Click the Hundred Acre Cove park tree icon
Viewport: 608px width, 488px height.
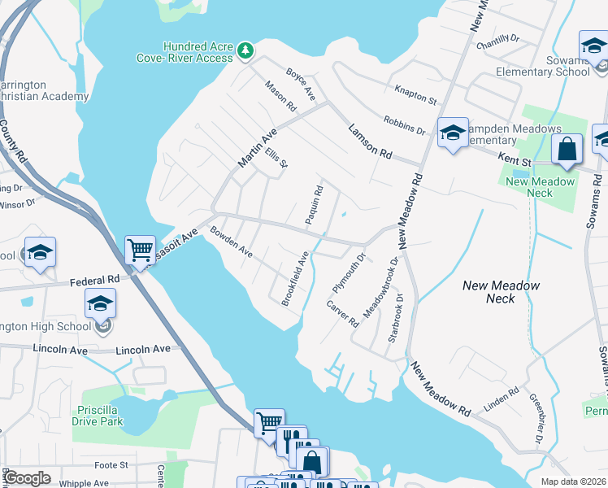tap(245, 52)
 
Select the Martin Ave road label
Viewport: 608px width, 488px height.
tap(257, 147)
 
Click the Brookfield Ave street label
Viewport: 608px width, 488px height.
tap(295, 278)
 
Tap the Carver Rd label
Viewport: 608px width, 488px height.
tap(342, 312)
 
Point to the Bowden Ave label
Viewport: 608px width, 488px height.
tap(232, 242)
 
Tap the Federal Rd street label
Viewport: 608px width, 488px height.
tap(94, 280)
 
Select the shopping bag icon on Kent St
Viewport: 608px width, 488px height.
tap(567, 150)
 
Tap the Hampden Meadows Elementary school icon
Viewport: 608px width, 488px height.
tap(452, 133)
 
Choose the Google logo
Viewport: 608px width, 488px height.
tap(28, 478)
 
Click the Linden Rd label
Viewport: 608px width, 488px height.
tap(502, 399)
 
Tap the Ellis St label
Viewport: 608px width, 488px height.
tap(276, 157)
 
